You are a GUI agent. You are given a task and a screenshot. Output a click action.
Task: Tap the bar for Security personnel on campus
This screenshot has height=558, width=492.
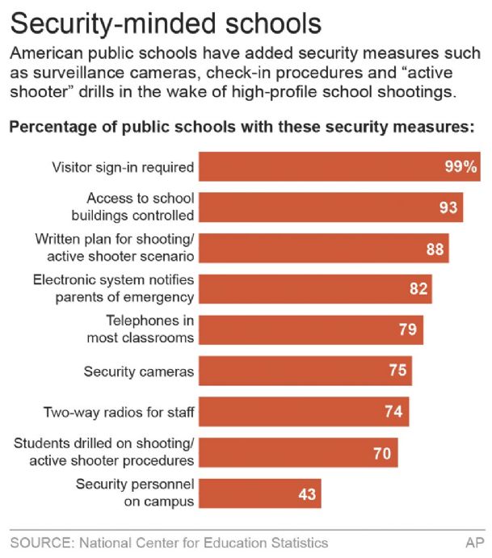259,493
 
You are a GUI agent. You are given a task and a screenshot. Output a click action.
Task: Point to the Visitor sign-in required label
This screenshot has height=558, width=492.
123,168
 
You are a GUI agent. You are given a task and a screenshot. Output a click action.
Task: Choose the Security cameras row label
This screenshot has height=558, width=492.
139,371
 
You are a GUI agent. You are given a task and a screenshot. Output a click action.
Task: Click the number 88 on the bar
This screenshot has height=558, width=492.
435,249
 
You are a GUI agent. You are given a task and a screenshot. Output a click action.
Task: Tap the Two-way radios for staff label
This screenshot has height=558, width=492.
119,413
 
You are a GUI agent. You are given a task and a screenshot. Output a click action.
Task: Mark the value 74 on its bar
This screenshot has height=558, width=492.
393,412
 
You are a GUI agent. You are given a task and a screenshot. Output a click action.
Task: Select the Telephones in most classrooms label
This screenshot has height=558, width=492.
141,330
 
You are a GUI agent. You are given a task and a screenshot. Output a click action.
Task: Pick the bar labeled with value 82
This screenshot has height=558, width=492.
315,289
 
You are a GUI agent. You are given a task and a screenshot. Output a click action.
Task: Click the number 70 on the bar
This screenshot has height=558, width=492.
382,453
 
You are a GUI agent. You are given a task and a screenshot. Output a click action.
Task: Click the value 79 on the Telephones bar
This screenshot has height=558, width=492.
407,330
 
